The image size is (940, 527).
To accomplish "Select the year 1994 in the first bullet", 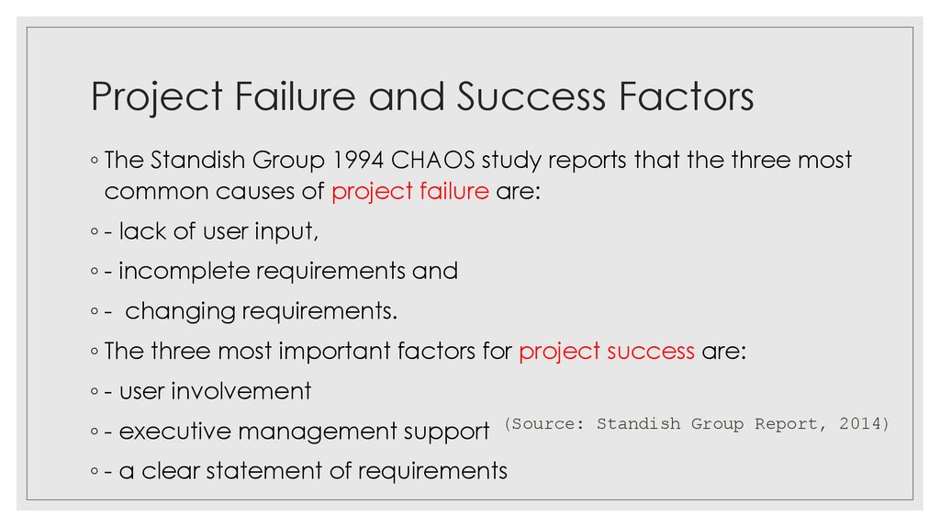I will [357, 161].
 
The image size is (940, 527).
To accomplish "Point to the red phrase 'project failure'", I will [409, 193].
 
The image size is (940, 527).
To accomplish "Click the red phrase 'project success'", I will [606, 352].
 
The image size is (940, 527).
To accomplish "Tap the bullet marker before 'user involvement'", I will [95, 392].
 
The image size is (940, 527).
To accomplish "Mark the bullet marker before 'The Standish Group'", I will [95, 162].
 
